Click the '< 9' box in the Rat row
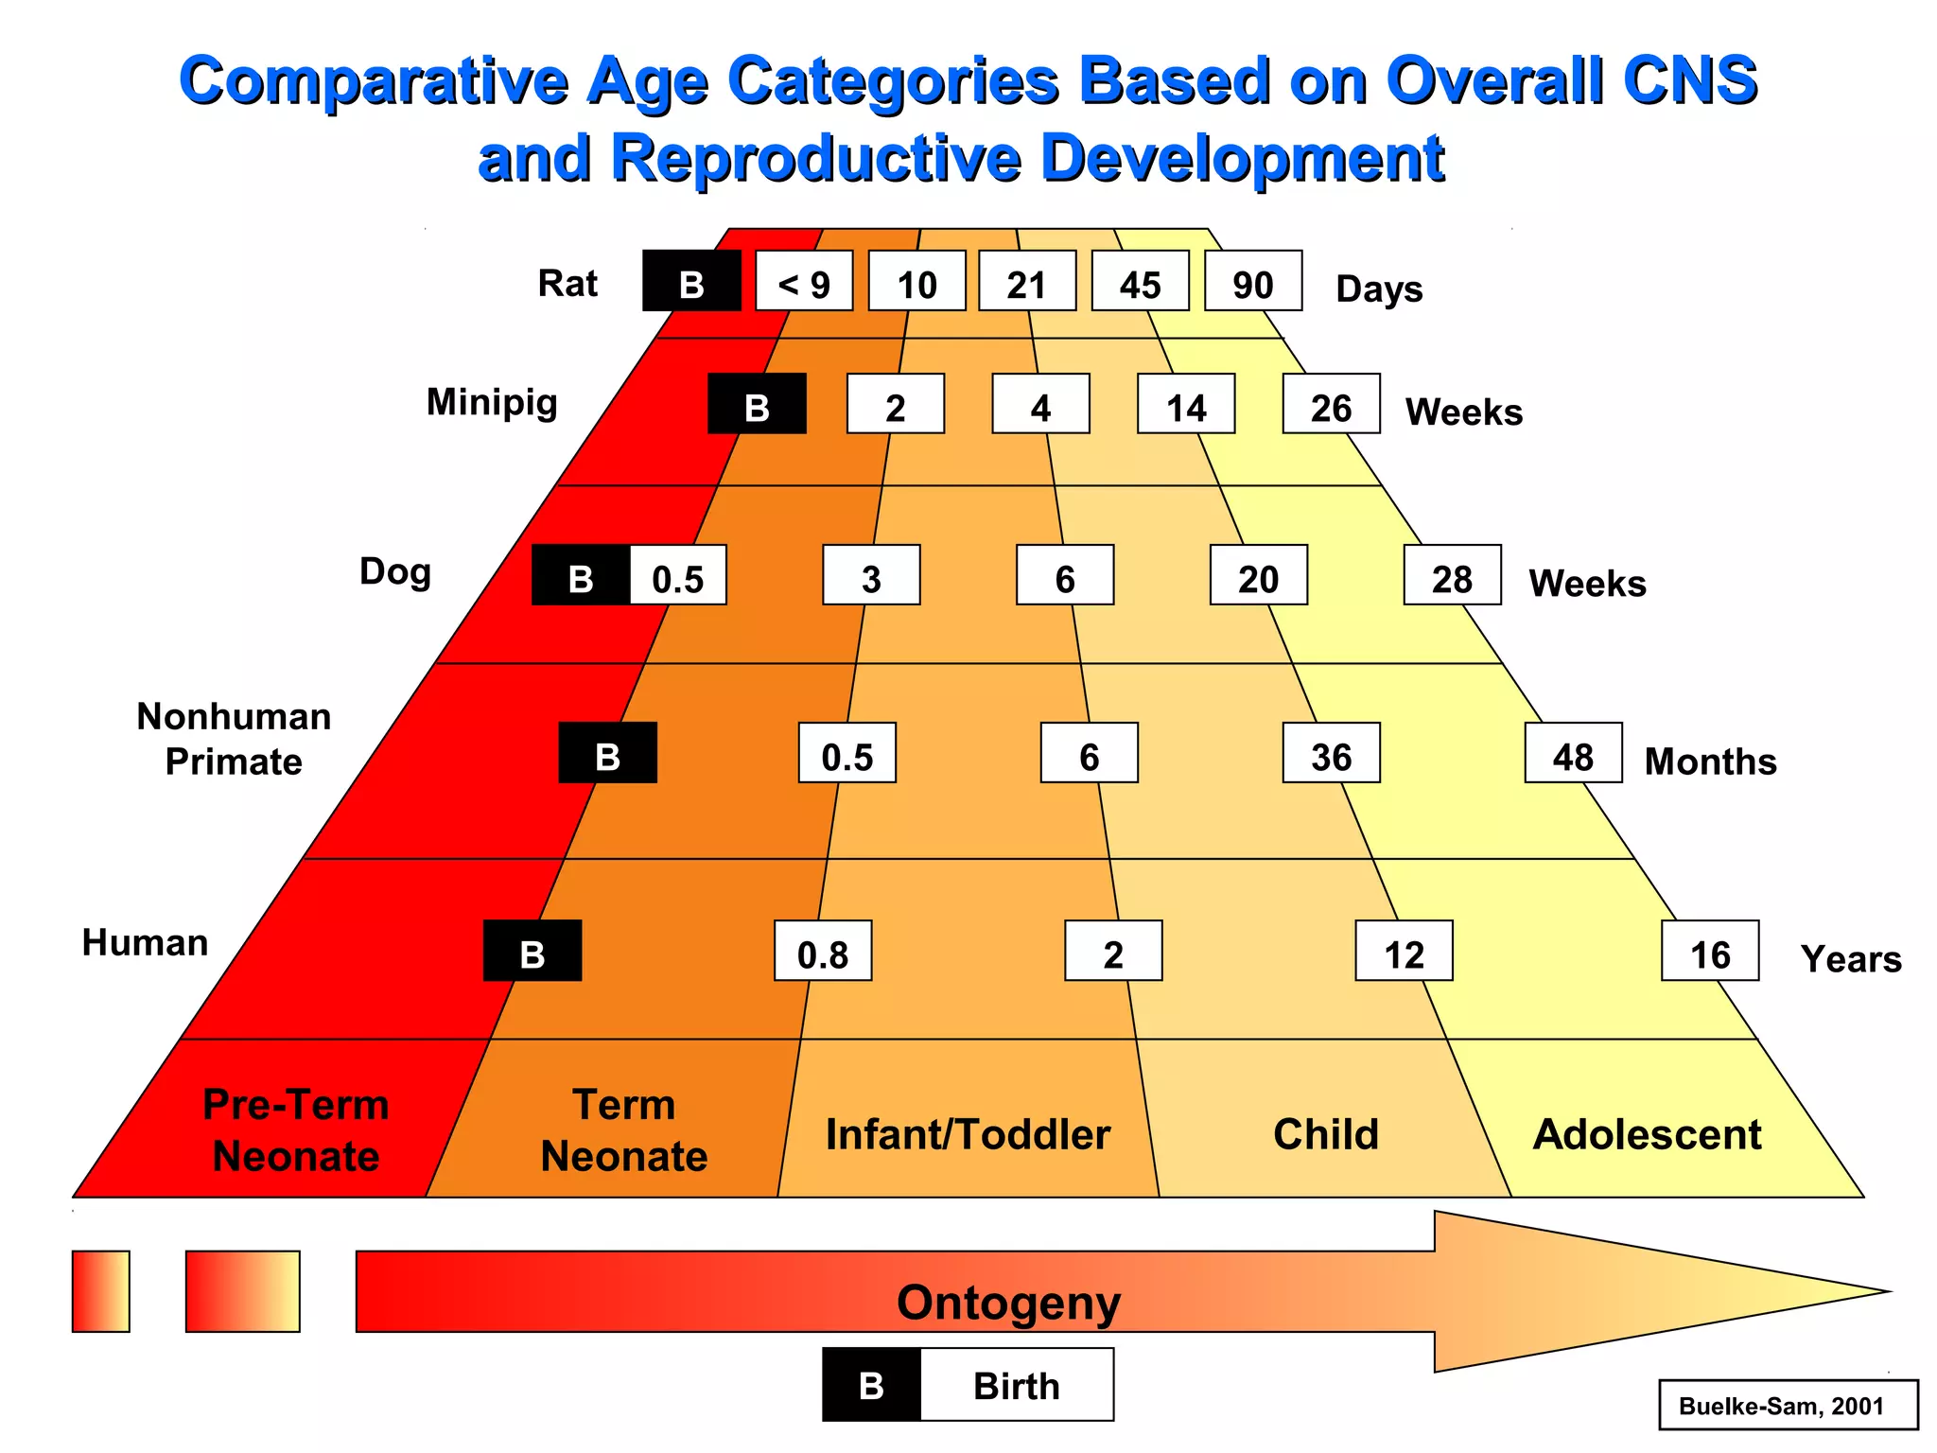click(x=804, y=281)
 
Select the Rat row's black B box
click(x=691, y=281)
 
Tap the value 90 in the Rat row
click(x=1253, y=281)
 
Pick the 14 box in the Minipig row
click(x=1186, y=404)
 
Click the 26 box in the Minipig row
click(x=1331, y=404)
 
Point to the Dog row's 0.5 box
click(x=678, y=575)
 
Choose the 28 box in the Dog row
click(x=1452, y=575)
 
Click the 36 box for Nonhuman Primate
click(x=1331, y=753)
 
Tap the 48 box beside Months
click(x=1573, y=753)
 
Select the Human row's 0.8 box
click(x=823, y=951)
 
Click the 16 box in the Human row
click(x=1710, y=951)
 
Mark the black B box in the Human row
click(x=532, y=951)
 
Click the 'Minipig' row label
click(x=492, y=402)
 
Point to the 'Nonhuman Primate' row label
click(x=234, y=739)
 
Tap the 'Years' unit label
click(x=1850, y=958)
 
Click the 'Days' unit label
click(x=1379, y=289)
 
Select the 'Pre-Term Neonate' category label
click(x=296, y=1130)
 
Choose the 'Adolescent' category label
click(x=1647, y=1134)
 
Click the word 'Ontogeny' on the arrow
click(x=1008, y=1303)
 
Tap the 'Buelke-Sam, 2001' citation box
click(x=1788, y=1405)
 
